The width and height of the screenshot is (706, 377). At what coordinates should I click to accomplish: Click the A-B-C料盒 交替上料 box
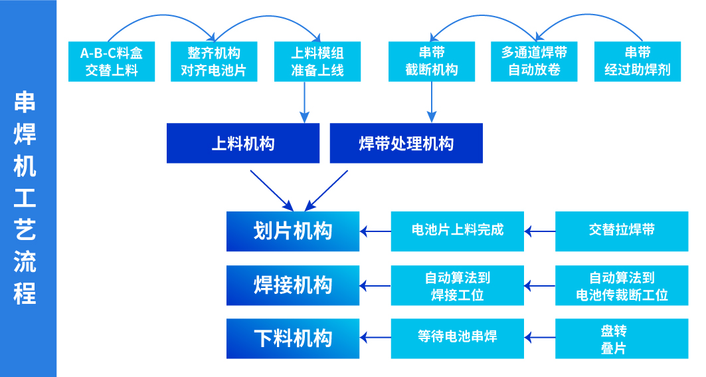(x=112, y=61)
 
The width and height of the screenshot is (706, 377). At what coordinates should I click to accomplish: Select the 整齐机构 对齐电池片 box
(x=214, y=61)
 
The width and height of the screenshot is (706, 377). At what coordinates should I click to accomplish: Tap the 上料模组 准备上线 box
(x=317, y=61)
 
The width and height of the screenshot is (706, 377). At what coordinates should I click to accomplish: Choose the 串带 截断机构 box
(x=432, y=61)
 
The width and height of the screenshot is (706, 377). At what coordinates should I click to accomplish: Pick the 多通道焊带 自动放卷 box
(x=534, y=61)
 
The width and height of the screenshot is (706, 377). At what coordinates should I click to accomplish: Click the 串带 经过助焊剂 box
(x=637, y=61)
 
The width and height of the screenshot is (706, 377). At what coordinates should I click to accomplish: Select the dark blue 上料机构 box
(x=242, y=143)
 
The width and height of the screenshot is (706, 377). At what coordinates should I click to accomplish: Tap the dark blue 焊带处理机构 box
(x=406, y=143)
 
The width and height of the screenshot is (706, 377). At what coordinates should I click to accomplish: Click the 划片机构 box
(x=293, y=231)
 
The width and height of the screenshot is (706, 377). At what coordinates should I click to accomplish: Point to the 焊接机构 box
(x=293, y=285)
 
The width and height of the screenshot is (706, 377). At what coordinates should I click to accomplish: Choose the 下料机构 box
(x=293, y=338)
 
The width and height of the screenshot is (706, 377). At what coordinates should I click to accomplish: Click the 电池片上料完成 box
(x=457, y=231)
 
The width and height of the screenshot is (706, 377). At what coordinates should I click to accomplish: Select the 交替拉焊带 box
(x=622, y=231)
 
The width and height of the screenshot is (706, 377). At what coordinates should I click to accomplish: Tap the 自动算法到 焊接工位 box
(x=457, y=285)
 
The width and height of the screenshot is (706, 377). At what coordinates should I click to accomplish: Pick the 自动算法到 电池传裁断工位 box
(x=622, y=285)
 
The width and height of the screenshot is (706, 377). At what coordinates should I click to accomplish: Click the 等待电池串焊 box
(x=457, y=338)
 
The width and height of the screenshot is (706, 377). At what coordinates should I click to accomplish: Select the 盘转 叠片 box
(x=622, y=338)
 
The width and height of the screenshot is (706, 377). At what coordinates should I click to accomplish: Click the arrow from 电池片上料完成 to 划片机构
(x=375, y=231)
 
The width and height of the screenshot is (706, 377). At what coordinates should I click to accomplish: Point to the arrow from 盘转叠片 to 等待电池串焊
(x=539, y=338)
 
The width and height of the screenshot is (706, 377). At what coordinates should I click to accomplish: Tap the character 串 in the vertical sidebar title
(x=25, y=102)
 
